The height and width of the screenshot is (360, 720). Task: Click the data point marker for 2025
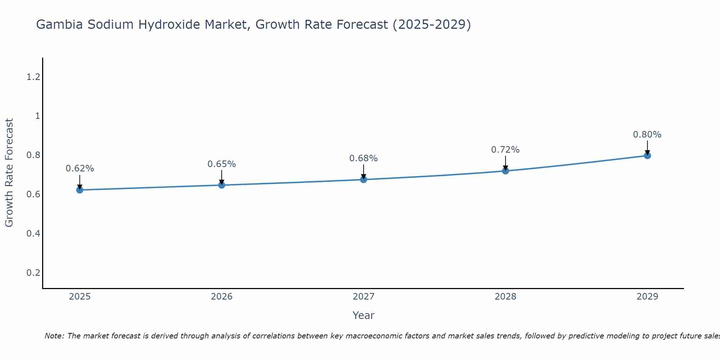pyautogui.click(x=80, y=190)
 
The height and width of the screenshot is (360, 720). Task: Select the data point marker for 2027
pyautogui.click(x=364, y=179)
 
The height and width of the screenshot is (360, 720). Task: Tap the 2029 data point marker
pyautogui.click(x=647, y=156)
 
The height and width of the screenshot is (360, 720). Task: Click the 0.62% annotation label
pyautogui.click(x=80, y=168)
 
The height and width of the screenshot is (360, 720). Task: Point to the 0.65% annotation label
pyautogui.click(x=221, y=164)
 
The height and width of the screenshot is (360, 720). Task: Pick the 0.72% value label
pyautogui.click(x=505, y=150)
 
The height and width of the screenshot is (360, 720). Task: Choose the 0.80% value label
pyautogui.click(x=647, y=135)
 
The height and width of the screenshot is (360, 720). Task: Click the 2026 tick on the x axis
pyautogui.click(x=221, y=297)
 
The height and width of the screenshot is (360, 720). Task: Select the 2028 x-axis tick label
pyautogui.click(x=505, y=297)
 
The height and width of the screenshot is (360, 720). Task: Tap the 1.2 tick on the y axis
pyautogui.click(x=33, y=77)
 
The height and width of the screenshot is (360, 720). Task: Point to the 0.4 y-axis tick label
pyautogui.click(x=33, y=234)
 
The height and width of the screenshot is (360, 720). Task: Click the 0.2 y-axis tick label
pyautogui.click(x=33, y=273)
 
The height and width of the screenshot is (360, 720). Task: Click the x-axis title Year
pyautogui.click(x=363, y=315)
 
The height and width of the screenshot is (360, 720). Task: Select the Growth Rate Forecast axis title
pyautogui.click(x=9, y=173)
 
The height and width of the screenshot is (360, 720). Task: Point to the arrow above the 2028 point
pyautogui.click(x=505, y=163)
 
